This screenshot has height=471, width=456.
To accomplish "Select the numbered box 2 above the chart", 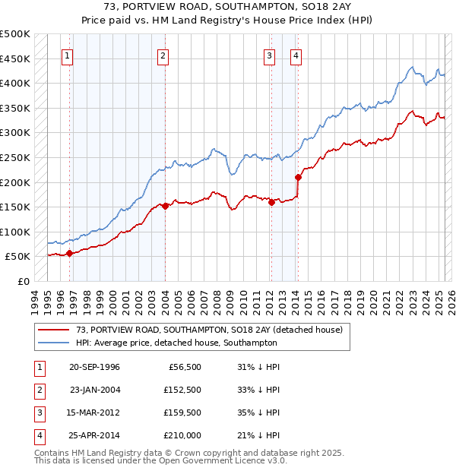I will point(163,55).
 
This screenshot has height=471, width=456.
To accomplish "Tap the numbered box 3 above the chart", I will point(270,55).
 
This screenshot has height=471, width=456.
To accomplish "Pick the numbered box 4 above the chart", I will point(295,55).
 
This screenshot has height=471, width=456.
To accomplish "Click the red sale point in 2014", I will point(298,177).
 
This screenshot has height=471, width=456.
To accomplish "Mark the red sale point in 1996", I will point(69,253).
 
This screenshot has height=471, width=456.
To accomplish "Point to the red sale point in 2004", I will point(165,205).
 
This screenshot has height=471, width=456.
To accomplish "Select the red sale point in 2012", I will point(271,202).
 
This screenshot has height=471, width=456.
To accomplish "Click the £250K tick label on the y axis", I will point(16,157).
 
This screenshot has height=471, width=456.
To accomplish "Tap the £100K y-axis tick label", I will point(16,232).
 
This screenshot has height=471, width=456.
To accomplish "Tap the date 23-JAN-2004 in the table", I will point(95,390).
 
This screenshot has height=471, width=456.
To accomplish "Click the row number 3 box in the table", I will point(38,413).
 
